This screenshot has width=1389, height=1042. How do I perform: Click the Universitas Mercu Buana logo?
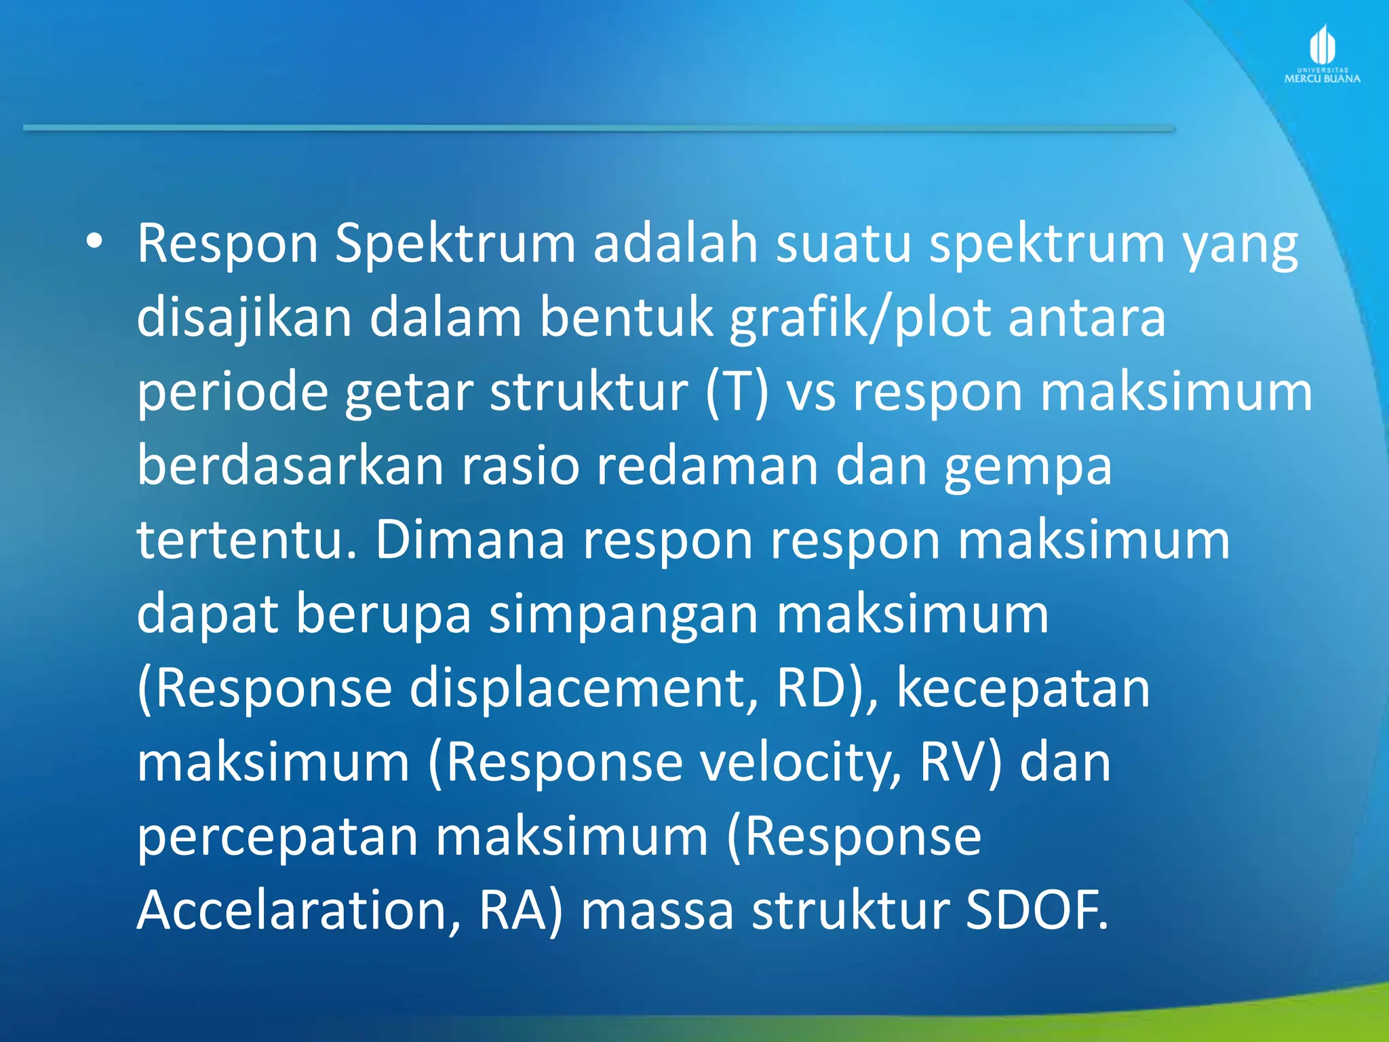(1322, 55)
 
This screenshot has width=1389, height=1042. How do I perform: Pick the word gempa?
(1028, 468)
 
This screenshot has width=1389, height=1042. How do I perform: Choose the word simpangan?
(623, 615)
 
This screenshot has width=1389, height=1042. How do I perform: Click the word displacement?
(584, 688)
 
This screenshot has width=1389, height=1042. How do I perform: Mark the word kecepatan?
(1023, 689)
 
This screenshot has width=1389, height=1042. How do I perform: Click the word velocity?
(800, 763)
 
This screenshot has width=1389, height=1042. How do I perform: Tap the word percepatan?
(277, 837)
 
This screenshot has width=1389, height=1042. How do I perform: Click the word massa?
(657, 910)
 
